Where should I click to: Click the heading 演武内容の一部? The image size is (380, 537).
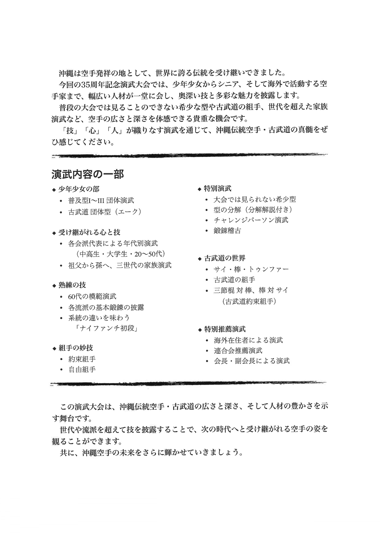tap(88, 174)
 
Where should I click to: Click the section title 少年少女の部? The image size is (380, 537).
tap(79, 189)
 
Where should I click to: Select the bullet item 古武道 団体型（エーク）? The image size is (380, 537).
tap(105, 212)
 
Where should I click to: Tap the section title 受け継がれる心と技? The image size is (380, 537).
tap(89, 232)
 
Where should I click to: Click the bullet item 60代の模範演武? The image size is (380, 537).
tap(92, 296)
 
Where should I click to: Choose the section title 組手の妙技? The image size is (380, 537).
tap(76, 348)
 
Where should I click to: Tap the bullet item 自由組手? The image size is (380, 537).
tap(82, 370)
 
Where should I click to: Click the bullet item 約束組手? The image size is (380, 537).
tap(82, 359)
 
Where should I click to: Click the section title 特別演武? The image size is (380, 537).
tap(218, 189)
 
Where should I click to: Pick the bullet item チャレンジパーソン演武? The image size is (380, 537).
tap(251, 220)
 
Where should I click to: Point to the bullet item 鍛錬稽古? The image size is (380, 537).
tap(227, 231)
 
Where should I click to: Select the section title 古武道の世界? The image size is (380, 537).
tap(225, 258)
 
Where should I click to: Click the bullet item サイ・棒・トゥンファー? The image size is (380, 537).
tap(251, 269)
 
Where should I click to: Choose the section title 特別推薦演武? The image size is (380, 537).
tap(225, 329)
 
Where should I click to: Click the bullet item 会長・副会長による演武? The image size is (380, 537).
tap(252, 361)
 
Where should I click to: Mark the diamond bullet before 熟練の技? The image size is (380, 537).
tap(54, 286)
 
